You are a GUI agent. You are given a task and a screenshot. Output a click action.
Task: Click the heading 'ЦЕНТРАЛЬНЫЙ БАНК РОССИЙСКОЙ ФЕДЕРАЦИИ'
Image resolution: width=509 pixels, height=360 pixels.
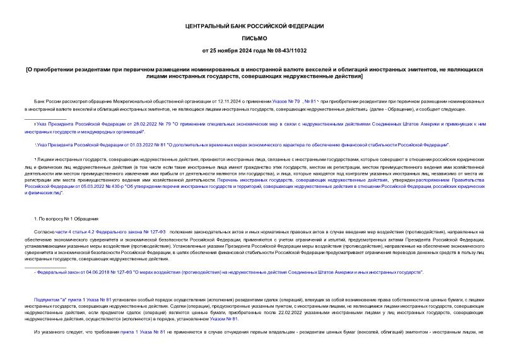(254, 26)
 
